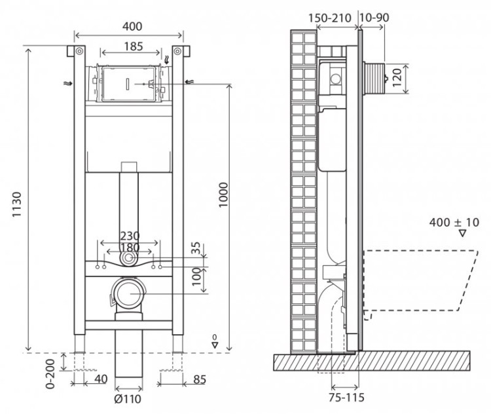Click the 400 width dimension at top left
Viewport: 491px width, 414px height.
(x=130, y=26)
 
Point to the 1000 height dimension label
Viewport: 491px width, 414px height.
(x=225, y=194)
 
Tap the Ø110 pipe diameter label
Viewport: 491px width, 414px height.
(x=128, y=398)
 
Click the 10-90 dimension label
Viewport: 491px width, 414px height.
(x=375, y=17)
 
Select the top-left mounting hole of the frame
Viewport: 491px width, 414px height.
(x=79, y=51)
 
